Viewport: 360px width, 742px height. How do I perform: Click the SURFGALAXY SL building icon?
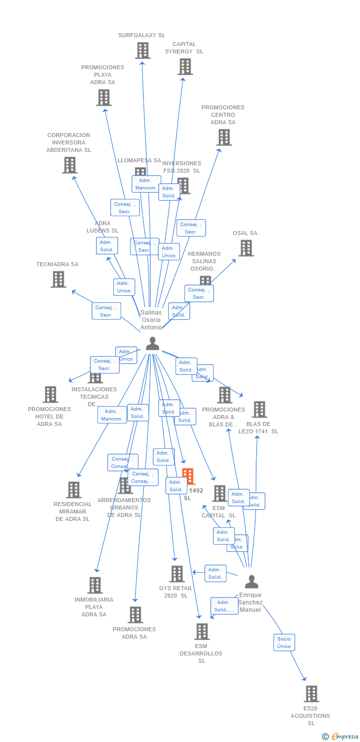142,50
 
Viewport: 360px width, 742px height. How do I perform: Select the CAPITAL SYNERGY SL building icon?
185,67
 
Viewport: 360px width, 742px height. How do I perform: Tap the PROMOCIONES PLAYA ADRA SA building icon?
103,98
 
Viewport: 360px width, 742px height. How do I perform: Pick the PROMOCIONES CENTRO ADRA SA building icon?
224,138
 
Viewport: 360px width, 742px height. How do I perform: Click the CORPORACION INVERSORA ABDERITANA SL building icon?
70,165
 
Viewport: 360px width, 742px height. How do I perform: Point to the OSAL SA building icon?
246,248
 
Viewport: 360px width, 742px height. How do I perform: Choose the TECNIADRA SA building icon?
58,279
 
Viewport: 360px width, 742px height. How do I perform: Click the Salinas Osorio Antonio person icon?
152,343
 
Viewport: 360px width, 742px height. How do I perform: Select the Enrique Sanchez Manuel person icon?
251,582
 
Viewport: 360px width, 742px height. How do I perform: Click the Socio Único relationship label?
284,643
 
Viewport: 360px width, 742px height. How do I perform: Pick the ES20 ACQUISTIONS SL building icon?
311,694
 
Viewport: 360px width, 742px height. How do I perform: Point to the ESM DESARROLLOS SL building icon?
202,632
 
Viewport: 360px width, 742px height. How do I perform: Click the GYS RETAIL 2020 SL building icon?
177,574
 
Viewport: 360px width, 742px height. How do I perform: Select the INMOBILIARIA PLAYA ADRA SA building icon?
95,585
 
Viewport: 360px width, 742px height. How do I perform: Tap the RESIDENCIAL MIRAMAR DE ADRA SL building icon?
74,490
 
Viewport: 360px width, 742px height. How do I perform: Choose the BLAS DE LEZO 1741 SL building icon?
259,410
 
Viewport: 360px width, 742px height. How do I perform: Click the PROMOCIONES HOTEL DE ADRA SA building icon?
50,395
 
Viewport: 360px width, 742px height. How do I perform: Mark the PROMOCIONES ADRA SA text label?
134,633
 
